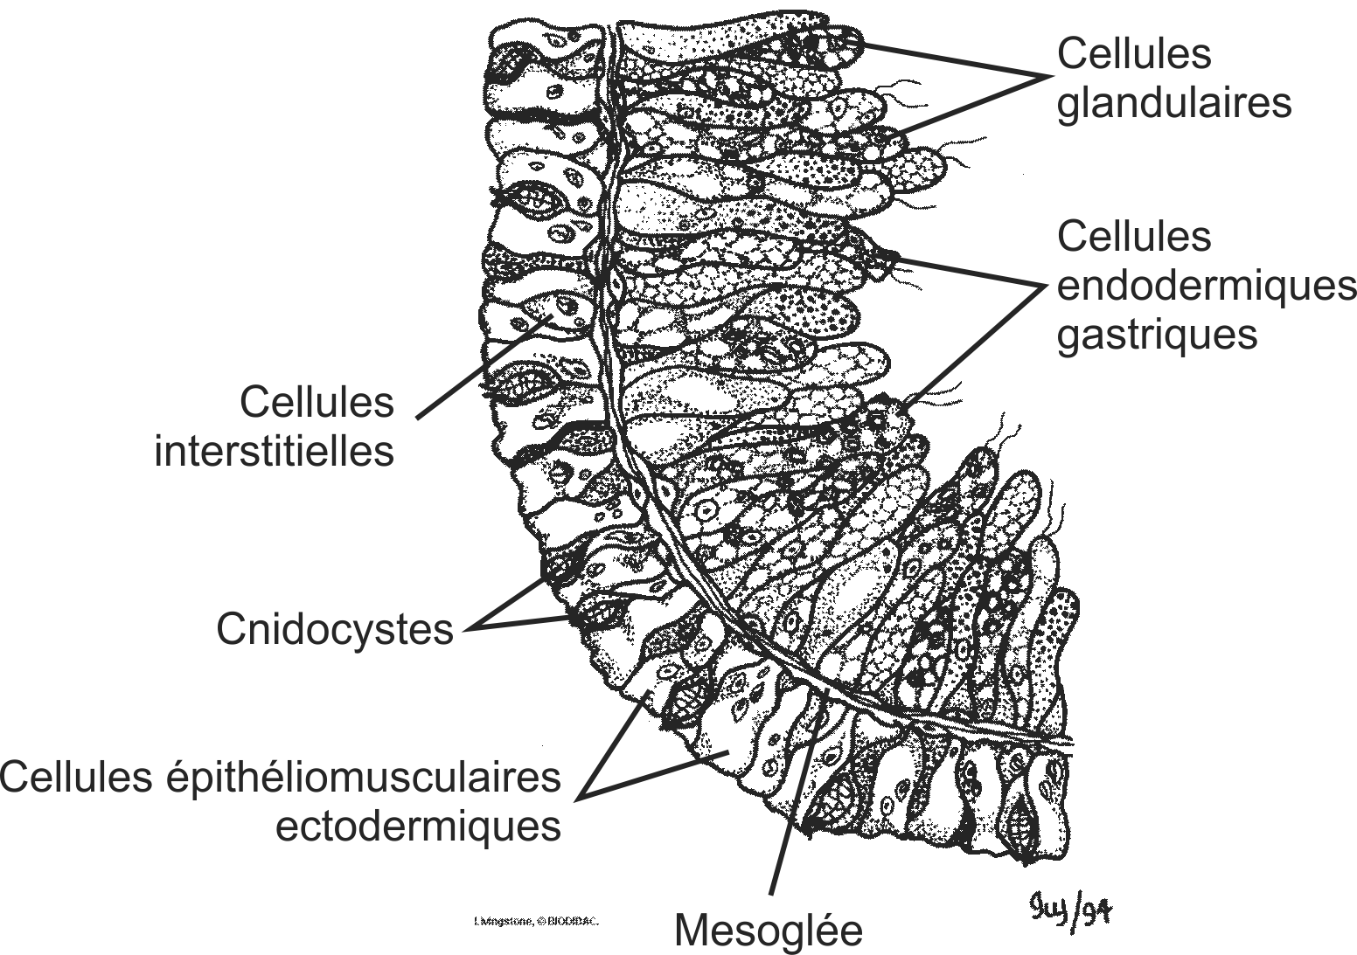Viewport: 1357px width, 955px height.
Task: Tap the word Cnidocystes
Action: (335, 629)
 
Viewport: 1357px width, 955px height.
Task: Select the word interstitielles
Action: (274, 452)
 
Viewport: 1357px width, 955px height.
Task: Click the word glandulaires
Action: (1173, 103)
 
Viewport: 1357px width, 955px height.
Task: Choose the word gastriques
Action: (1157, 334)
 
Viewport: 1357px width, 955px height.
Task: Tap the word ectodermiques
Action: (418, 825)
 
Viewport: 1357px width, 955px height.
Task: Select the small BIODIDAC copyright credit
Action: (536, 922)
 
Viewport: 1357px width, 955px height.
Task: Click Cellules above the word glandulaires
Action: (1133, 54)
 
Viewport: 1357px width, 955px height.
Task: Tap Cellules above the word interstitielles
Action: (317, 403)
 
